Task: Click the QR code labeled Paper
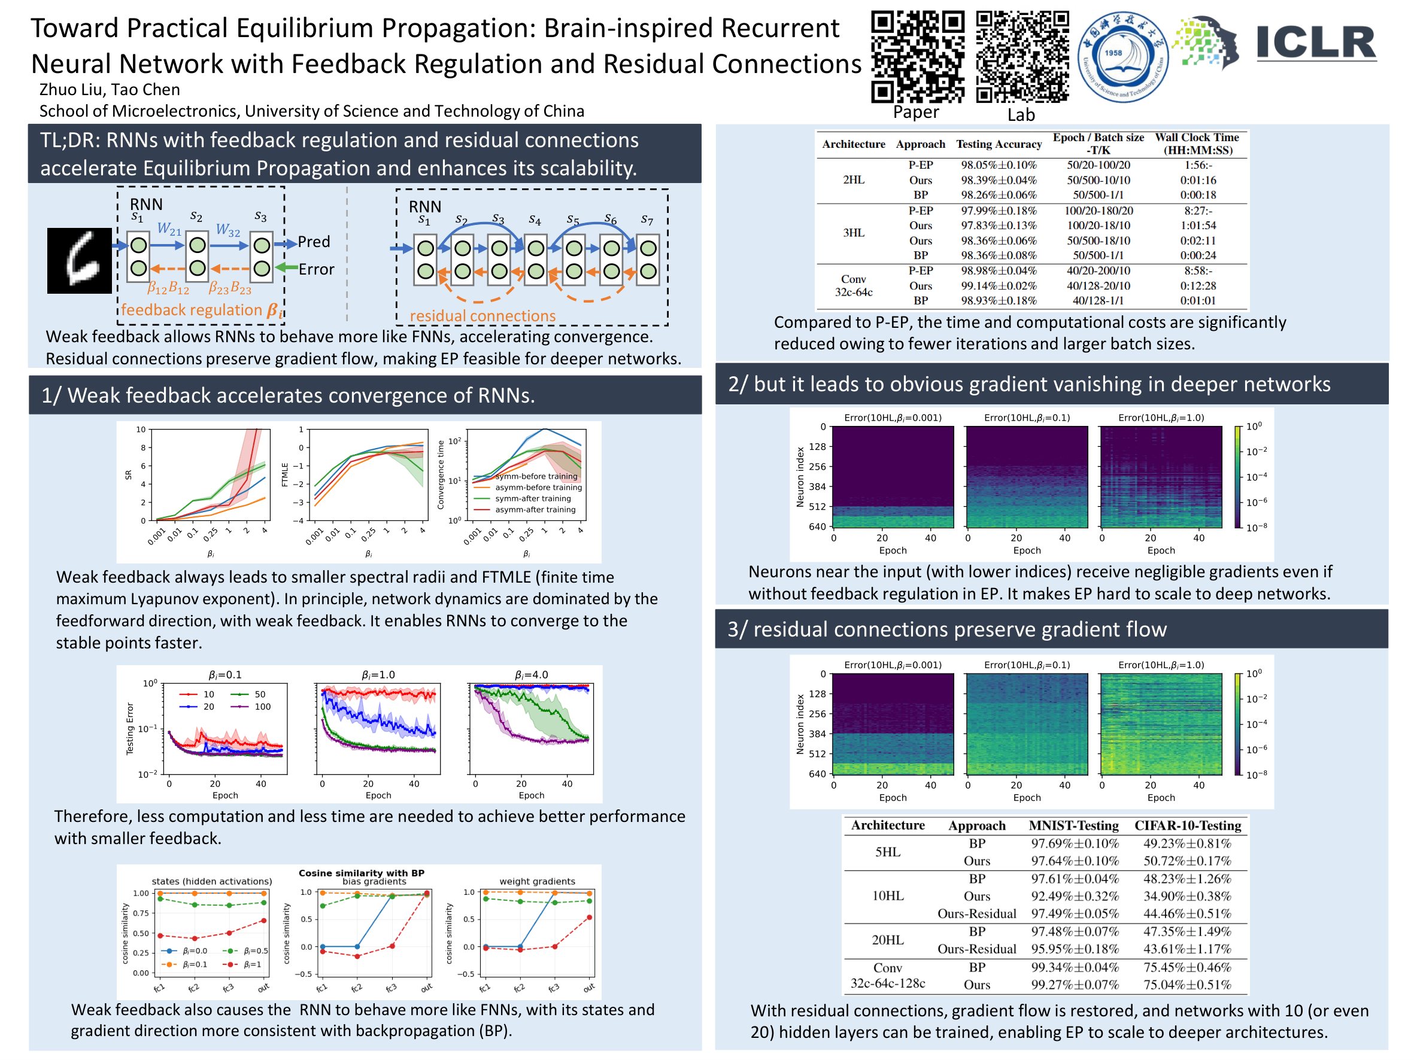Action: coord(917,56)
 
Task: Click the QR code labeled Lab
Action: coord(1022,56)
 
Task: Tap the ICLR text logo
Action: coord(1316,43)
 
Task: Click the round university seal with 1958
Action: coord(1122,57)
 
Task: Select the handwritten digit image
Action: coord(79,261)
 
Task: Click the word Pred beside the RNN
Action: coord(314,242)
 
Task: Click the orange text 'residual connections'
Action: coord(483,316)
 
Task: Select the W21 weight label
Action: coord(169,229)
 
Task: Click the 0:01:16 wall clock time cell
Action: coord(1197,180)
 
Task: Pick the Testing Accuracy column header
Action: coord(999,144)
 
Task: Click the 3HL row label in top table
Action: coord(854,233)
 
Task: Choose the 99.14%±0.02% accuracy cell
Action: coord(999,285)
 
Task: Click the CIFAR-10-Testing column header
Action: coord(1187,826)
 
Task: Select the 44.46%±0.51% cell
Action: coord(1187,913)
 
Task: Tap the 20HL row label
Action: coord(887,940)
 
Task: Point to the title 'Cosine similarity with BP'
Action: coord(361,873)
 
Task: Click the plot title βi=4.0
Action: coord(531,675)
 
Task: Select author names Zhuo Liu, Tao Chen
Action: coord(110,90)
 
